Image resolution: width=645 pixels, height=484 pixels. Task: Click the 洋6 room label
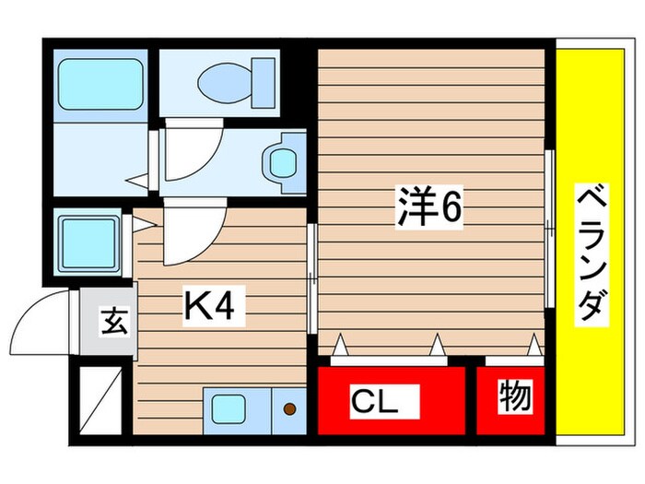pyautogui.click(x=428, y=211)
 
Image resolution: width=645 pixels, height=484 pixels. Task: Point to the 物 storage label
pyautogui.click(x=516, y=397)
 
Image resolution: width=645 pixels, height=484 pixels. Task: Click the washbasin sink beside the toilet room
pyautogui.click(x=284, y=163)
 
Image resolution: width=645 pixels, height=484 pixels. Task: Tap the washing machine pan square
pyautogui.click(x=89, y=242)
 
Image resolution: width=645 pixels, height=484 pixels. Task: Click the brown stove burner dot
pyautogui.click(x=289, y=408)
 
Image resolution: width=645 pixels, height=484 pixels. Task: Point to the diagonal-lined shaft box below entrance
pyautogui.click(x=100, y=399)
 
